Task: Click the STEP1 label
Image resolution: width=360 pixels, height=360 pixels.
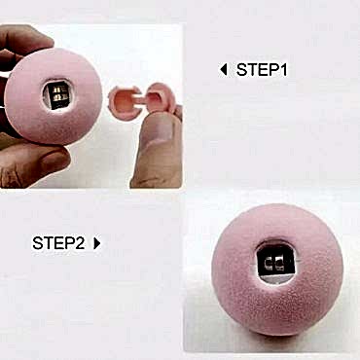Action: (262, 69)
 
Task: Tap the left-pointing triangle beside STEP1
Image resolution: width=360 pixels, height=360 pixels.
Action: (223, 69)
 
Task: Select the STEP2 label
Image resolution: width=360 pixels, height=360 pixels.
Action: (58, 243)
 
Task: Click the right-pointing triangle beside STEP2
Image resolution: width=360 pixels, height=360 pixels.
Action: (97, 243)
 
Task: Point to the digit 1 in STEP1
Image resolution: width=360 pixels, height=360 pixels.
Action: (284, 69)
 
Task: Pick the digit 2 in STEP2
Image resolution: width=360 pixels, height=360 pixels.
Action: (80, 243)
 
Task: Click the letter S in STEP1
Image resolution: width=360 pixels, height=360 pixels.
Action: (241, 70)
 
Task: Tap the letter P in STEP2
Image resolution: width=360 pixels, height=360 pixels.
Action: (69, 243)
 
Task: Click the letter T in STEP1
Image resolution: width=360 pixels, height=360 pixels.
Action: (252, 70)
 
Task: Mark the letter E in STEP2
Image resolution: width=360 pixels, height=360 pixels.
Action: (59, 243)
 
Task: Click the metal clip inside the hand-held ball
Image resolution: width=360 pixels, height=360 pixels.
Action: (57, 95)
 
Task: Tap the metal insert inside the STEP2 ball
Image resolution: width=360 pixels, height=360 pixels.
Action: (275, 263)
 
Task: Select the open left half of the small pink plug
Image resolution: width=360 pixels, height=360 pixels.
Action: (124, 103)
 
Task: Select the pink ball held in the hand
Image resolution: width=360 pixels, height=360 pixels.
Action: (54, 96)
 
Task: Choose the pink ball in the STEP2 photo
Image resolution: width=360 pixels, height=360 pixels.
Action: (277, 270)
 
